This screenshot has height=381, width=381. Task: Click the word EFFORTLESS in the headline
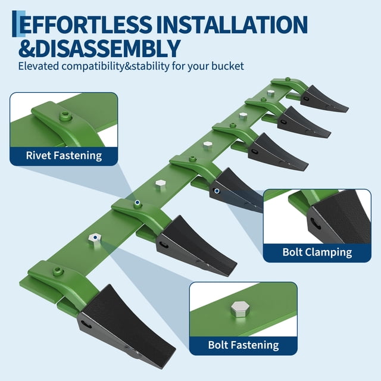[x=86, y=24]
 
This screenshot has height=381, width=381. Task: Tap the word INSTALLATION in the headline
[x=232, y=24]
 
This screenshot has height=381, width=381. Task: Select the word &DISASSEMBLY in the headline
[x=99, y=49]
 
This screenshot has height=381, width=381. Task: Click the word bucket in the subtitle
[x=227, y=66]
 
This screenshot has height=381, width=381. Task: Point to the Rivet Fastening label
[x=64, y=156]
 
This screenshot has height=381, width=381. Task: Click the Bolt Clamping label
[x=317, y=252]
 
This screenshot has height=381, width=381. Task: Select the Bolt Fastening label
[x=243, y=345]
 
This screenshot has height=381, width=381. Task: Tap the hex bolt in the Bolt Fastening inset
[x=239, y=309]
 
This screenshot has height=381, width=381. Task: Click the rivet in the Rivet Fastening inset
[x=65, y=115]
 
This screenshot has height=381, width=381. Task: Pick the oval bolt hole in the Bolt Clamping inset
[x=314, y=224]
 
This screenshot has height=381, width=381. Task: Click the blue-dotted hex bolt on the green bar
[x=95, y=239]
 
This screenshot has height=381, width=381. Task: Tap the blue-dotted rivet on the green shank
[x=138, y=203]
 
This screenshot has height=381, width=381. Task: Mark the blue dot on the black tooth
[x=217, y=191]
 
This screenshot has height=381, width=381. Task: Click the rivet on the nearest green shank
[x=58, y=271]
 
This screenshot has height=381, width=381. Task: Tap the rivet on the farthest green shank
[x=288, y=79]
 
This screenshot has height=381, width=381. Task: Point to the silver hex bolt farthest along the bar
[x=270, y=93]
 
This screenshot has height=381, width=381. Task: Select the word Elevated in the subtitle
[x=39, y=66]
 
